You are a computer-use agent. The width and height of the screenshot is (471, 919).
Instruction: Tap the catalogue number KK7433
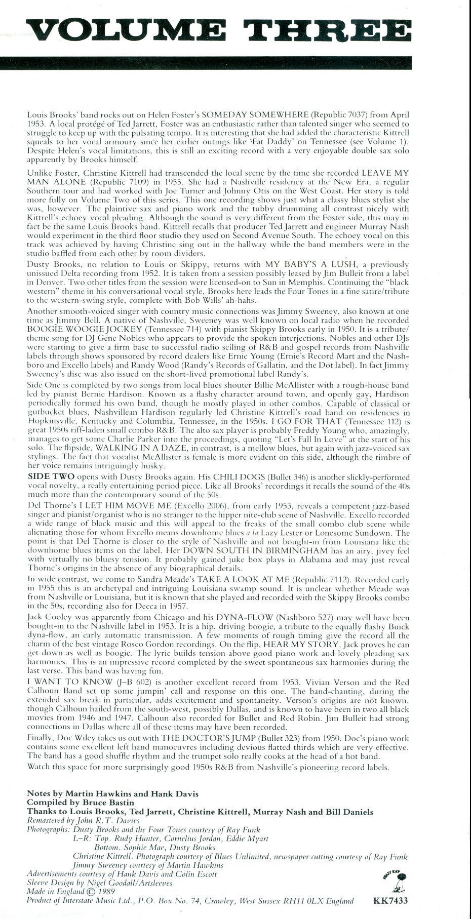390,900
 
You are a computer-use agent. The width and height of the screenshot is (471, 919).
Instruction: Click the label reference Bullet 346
288,477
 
